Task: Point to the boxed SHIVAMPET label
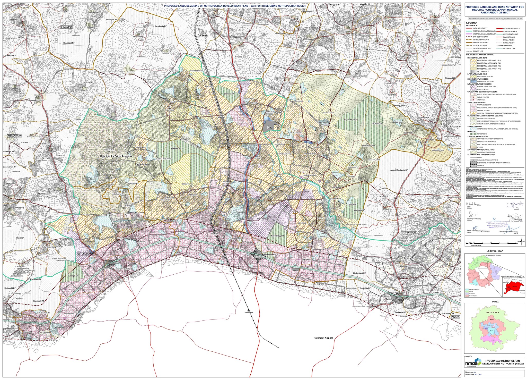67,27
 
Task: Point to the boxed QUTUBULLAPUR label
86,254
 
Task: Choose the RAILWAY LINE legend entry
469,51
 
